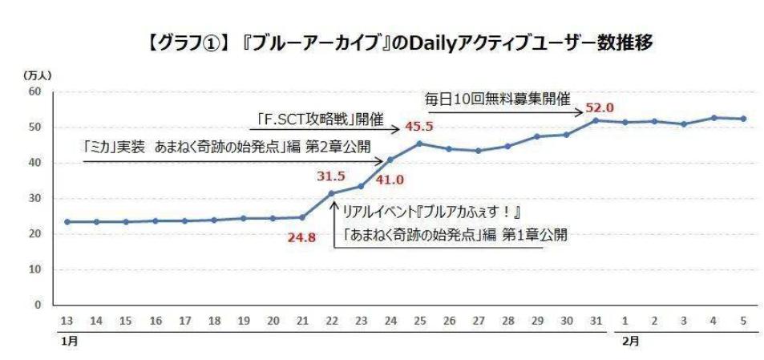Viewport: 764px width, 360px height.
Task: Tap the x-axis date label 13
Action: tap(67, 321)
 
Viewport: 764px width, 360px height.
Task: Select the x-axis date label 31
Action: tap(594, 321)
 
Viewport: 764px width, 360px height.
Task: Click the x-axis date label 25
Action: tap(418, 321)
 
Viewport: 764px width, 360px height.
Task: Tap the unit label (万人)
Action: tap(38, 75)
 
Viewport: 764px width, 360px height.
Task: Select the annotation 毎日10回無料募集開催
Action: tap(496, 100)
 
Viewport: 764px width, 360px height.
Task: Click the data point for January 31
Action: tap(595, 120)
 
